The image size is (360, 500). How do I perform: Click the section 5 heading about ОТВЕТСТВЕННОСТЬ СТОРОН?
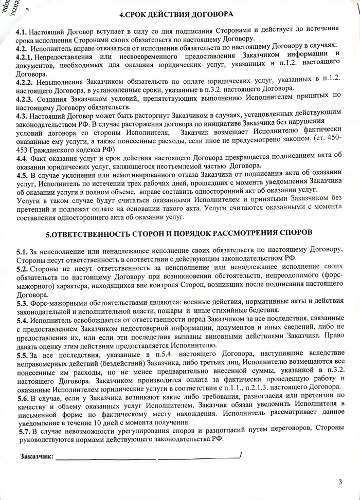coord(179,232)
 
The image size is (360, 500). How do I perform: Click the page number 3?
coord(340,482)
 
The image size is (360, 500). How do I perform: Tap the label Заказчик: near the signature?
coord(37,456)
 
